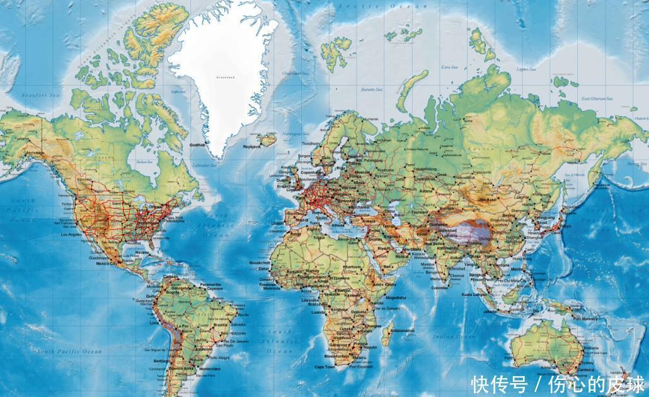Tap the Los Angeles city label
click(72, 234)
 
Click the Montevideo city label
click(209, 368)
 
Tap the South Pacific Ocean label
click(69, 351)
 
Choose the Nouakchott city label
click(260, 262)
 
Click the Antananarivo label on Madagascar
click(401, 329)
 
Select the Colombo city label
click(440, 288)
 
